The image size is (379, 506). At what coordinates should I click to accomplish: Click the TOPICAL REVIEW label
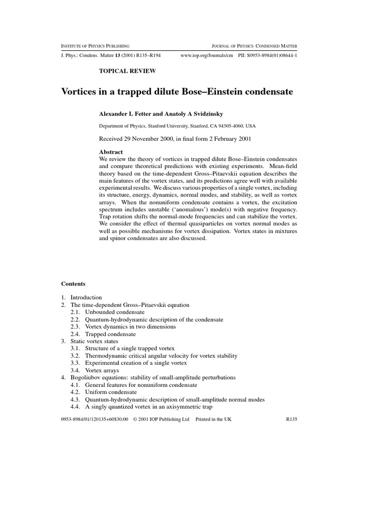(127, 71)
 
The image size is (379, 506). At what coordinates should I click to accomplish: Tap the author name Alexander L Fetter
(128, 113)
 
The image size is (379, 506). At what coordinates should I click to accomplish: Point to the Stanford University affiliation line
(177, 126)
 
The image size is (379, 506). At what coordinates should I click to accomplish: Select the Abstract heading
(111, 152)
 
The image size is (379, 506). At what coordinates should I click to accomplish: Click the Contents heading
(73, 284)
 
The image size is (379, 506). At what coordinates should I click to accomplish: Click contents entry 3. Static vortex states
(93, 341)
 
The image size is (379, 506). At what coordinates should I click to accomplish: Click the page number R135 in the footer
(293, 419)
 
